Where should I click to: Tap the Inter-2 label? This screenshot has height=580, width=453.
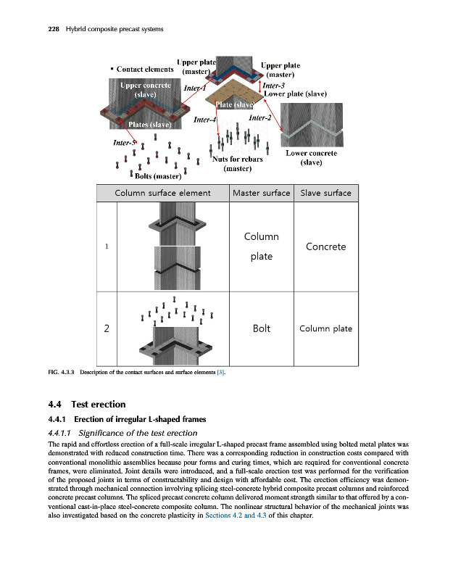point(259,118)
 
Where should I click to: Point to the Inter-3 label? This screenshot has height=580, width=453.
point(276,85)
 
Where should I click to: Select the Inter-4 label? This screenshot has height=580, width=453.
point(205,120)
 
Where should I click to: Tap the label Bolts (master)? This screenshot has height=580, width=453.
point(158,175)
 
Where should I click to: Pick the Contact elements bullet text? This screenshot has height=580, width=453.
point(142,70)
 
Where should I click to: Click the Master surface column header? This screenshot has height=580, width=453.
point(261,193)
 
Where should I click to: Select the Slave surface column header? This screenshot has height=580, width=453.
point(325,193)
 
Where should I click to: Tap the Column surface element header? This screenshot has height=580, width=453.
point(163,193)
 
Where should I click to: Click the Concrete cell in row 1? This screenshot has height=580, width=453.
point(325,246)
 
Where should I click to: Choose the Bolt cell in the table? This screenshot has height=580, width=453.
point(261,328)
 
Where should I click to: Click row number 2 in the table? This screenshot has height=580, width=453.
point(107,328)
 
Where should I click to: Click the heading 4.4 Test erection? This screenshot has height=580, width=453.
point(75,404)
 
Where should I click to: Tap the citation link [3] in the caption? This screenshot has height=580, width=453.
point(222,373)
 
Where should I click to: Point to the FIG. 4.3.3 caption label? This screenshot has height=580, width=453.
point(60,373)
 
